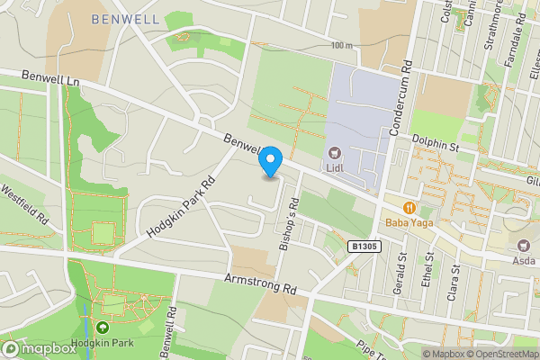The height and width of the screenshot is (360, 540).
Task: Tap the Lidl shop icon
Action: point(335,154)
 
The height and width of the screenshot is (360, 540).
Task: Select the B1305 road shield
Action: point(363,245)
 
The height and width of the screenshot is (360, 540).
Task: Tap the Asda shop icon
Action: point(524,246)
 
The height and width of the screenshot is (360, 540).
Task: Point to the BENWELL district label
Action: point(125,18)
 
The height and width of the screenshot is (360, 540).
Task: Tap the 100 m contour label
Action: point(341,45)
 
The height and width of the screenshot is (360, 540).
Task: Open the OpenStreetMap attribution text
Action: point(499,353)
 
